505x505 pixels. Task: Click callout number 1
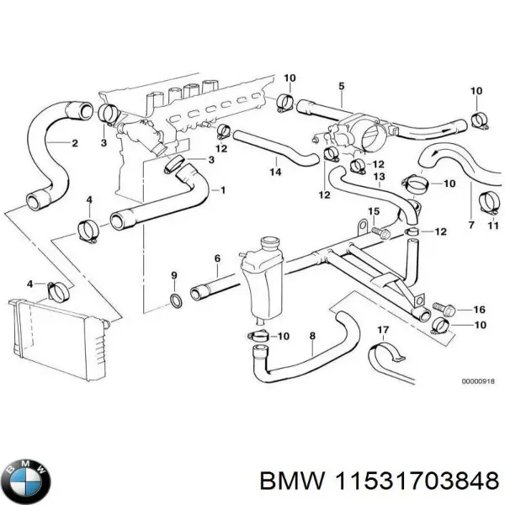[223, 190]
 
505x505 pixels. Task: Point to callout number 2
[75, 143]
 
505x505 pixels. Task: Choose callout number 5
[341, 86]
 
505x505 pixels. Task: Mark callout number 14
[274, 173]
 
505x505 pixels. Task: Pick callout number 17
[382, 329]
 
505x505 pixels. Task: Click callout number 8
[312, 336]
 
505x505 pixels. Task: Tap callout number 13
[379, 177]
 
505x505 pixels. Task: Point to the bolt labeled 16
[441, 308]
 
